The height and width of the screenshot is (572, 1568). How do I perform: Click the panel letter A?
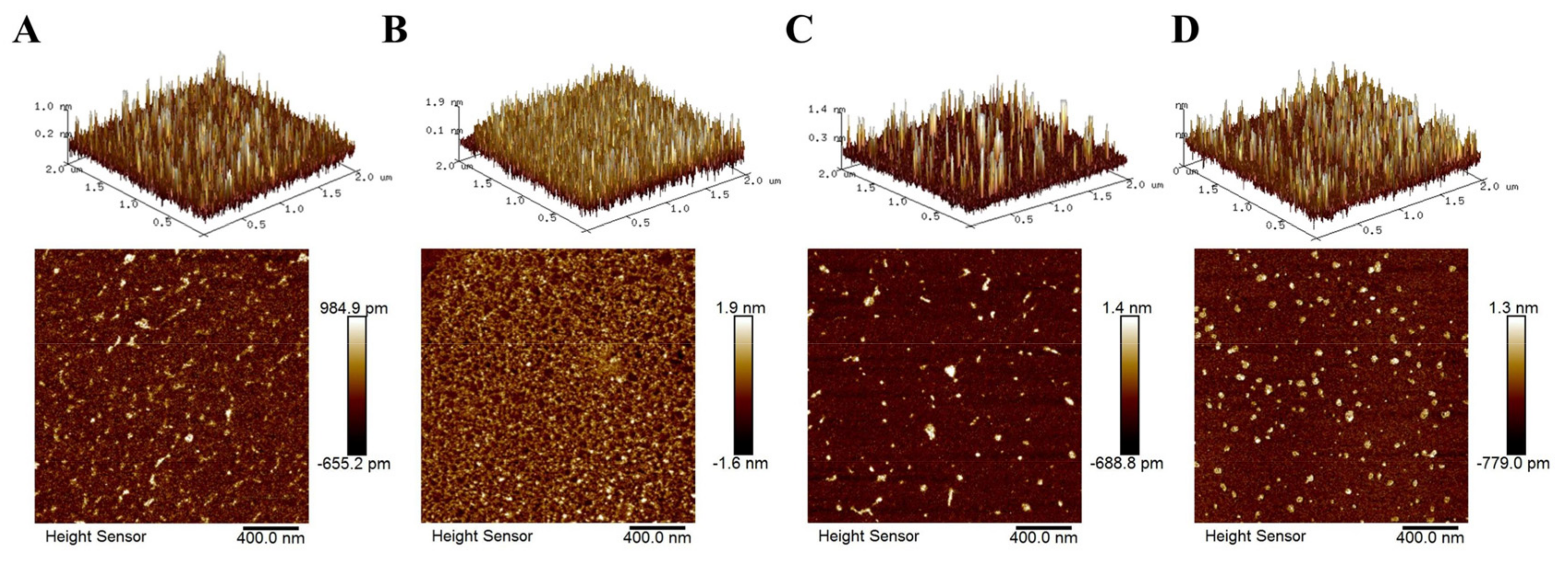26,30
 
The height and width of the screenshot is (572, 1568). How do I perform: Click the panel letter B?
394,30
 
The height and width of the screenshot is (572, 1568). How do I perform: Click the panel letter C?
799,30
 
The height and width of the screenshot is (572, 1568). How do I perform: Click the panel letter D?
1184,30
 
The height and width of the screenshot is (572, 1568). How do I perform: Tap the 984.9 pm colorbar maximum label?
354,308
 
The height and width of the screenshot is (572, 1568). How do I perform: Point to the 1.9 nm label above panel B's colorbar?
741,308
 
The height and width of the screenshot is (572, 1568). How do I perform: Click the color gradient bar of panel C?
1130,385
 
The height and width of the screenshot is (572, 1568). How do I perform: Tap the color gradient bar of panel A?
357,385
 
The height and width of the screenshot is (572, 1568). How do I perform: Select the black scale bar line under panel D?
1430,528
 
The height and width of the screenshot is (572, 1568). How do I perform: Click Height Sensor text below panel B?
482,536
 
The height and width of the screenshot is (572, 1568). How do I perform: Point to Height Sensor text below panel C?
868,536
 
